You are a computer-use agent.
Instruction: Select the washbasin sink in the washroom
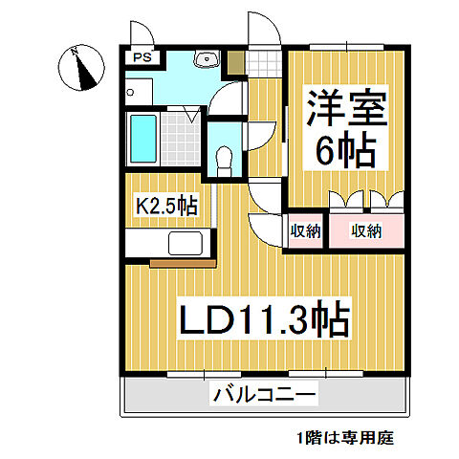[x=204, y=60]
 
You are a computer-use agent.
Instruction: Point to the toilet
[x=223, y=157]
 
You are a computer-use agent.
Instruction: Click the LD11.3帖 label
[x=259, y=317]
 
